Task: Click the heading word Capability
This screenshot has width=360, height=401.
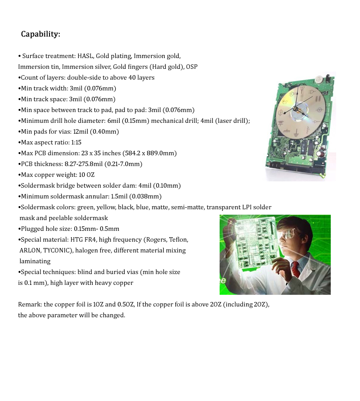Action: [40, 34]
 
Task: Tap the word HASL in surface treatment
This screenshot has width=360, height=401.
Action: [85, 56]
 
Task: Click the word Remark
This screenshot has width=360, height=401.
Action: [29, 304]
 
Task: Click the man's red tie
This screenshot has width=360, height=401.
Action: [295, 269]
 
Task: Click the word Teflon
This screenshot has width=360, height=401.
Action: [178, 239]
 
